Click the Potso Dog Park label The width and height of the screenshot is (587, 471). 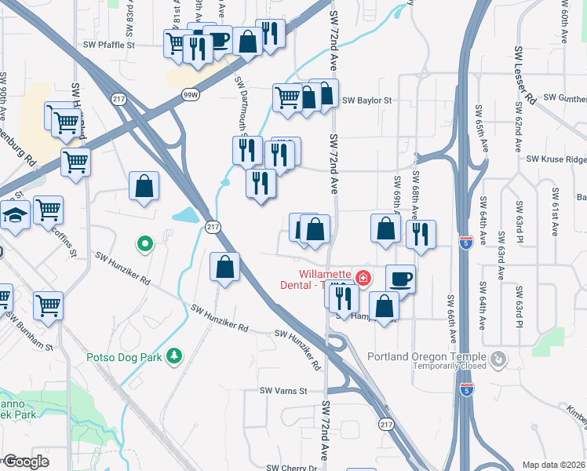pyautogui.click(x=123, y=357)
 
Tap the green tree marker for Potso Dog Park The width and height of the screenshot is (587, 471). pyautogui.click(x=174, y=357)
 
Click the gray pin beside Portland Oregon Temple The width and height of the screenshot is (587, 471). pyautogui.click(x=498, y=360)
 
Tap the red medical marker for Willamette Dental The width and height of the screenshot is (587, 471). pyautogui.click(x=363, y=277)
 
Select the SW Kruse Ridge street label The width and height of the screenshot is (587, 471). pyautogui.click(x=556, y=159)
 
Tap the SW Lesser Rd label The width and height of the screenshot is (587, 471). pyautogui.click(x=524, y=75)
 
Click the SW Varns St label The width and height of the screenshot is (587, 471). pyautogui.click(x=282, y=390)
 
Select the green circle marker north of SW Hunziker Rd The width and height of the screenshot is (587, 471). pyautogui.click(x=144, y=244)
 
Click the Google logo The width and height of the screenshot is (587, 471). pyautogui.click(x=27, y=462)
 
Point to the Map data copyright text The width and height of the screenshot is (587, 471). pyautogui.click(x=553, y=465)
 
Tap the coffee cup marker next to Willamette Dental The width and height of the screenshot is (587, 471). pyautogui.click(x=400, y=279)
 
